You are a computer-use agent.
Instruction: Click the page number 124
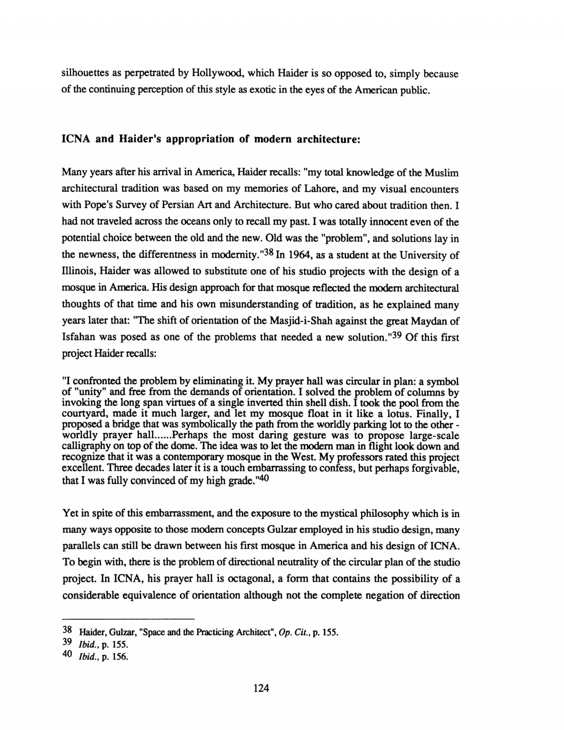[x=261, y=688]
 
